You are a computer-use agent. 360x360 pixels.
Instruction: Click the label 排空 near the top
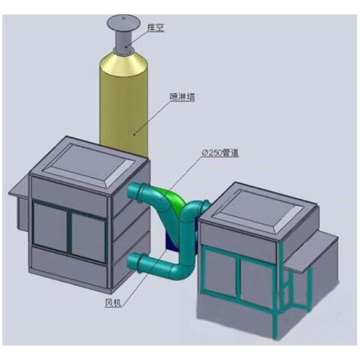[156, 27]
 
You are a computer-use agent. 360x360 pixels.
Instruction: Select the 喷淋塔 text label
[182, 96]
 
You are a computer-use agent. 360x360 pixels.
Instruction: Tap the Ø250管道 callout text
[220, 153]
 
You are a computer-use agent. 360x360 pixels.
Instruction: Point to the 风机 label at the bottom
[112, 303]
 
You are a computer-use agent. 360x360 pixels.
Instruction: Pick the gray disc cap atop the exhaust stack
[123, 22]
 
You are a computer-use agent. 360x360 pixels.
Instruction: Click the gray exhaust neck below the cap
[124, 41]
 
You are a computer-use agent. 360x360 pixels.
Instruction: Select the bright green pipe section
[174, 197]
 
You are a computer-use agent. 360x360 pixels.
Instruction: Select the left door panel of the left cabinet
[50, 226]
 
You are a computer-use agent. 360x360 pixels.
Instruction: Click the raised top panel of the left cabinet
[89, 166]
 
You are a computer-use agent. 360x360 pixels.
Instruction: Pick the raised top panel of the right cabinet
[258, 211]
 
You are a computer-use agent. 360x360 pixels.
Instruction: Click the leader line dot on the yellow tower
[134, 135]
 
